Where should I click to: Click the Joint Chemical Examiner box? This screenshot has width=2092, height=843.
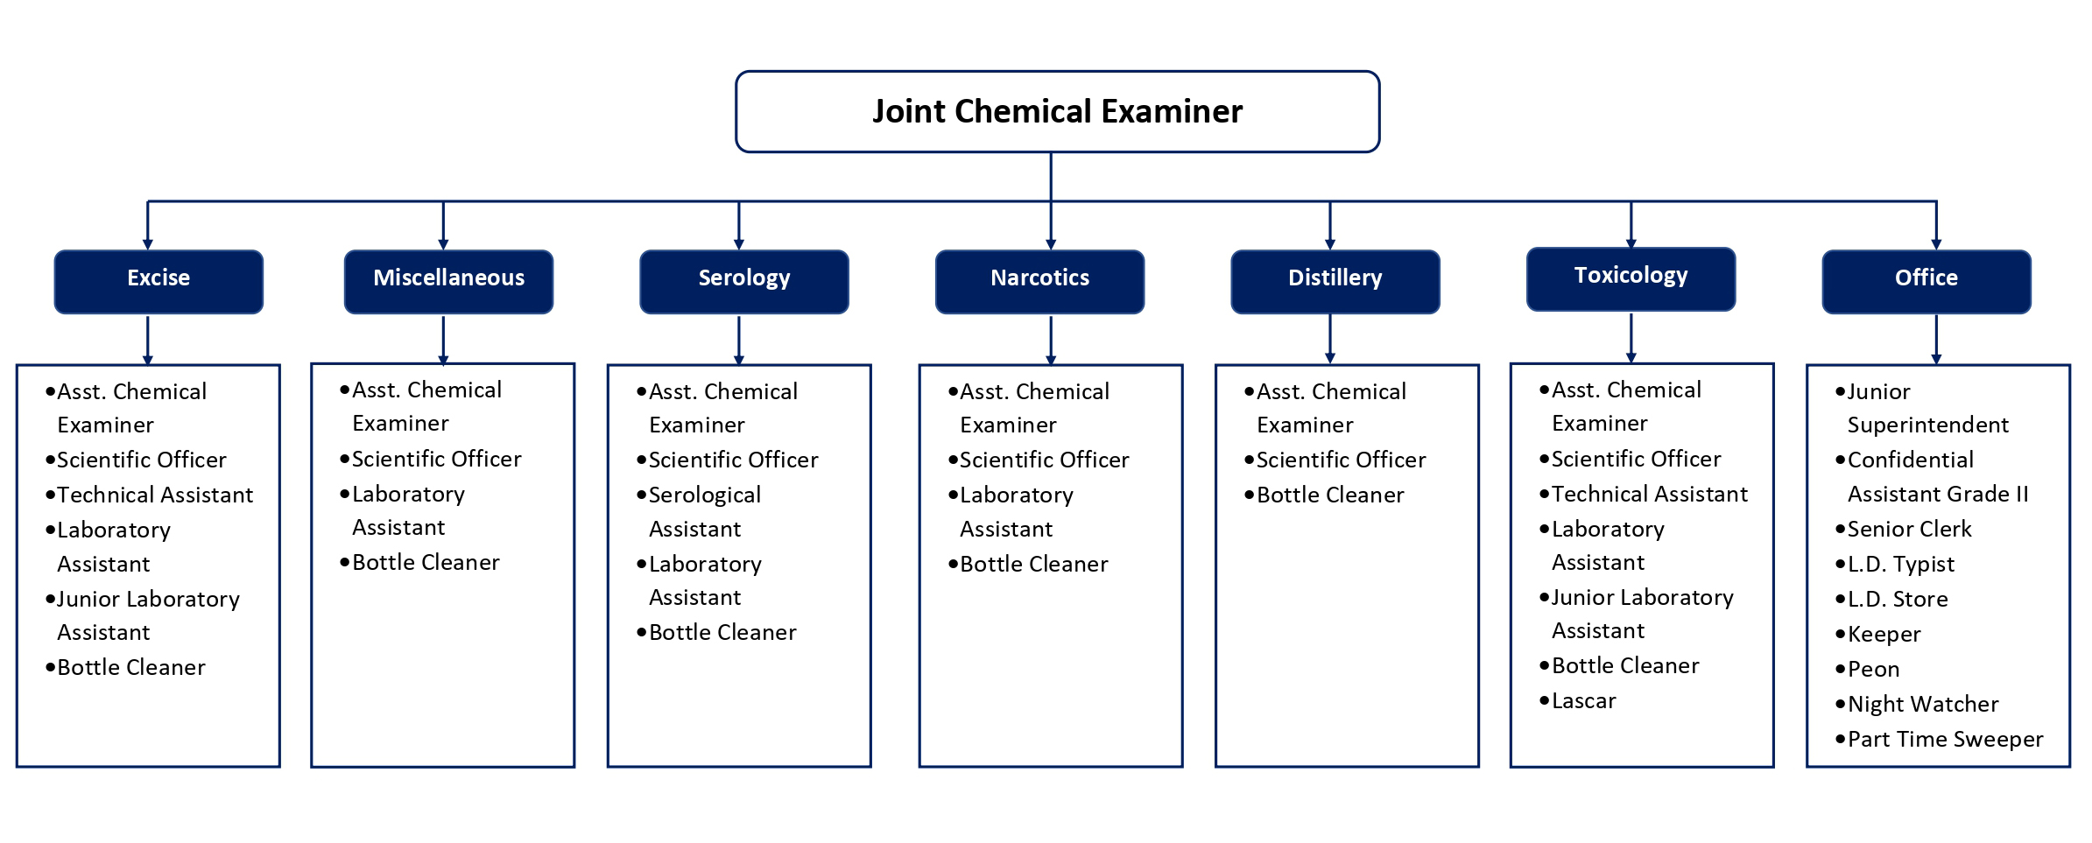point(1057,111)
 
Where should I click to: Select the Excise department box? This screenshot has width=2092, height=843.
point(158,281)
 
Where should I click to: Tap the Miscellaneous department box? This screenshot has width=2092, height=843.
point(448,281)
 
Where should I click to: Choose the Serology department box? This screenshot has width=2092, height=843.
point(743,281)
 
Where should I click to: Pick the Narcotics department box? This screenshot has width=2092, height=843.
point(1039,281)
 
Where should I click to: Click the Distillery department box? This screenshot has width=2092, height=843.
point(1335,281)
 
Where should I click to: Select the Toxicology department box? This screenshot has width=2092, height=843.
point(1631,278)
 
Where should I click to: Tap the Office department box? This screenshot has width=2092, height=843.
point(1926,281)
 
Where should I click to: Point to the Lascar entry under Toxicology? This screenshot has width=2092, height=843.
point(1583,700)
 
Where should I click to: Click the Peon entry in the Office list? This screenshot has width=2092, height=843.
point(1873,669)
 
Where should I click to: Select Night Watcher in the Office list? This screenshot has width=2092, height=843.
point(1922,704)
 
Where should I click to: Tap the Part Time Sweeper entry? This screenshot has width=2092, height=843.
point(1944,739)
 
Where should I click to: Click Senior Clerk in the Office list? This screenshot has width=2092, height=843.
point(1909,529)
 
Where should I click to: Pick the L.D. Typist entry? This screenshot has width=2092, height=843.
point(1900,564)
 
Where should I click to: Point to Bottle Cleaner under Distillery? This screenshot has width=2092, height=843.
point(1329,495)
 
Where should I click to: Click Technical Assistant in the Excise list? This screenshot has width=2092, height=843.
point(154,495)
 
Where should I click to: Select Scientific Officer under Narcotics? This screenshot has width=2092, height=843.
point(1044,460)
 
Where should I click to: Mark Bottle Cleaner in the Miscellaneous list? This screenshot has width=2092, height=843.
point(425,562)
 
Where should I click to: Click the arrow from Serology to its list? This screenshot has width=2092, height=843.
point(739,339)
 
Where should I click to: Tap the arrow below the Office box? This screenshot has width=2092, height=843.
point(1936,339)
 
